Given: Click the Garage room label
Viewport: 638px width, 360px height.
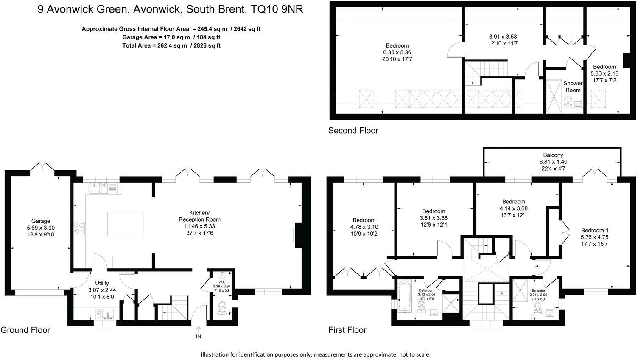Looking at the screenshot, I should click(x=40, y=221).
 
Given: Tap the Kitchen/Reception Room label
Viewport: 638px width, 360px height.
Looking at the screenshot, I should click(x=199, y=216).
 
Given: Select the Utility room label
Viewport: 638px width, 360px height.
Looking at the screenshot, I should click(x=102, y=283).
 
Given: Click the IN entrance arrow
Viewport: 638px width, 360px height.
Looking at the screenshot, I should click(x=198, y=329).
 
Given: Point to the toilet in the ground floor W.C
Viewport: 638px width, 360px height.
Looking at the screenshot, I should click(x=222, y=307).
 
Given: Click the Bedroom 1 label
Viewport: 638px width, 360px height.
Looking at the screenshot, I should click(x=594, y=231).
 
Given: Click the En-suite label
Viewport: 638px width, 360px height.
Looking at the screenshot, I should click(x=538, y=291).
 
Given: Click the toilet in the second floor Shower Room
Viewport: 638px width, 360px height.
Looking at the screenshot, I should click(x=568, y=102).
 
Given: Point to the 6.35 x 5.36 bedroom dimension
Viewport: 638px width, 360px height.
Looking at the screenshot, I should click(x=397, y=52).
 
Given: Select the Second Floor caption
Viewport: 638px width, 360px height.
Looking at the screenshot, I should click(x=353, y=130).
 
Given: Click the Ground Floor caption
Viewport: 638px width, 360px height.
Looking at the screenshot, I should click(x=25, y=330).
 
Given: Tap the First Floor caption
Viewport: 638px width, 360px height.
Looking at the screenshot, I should click(x=347, y=330).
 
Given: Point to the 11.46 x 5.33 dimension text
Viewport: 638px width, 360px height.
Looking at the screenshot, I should click(x=199, y=226).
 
